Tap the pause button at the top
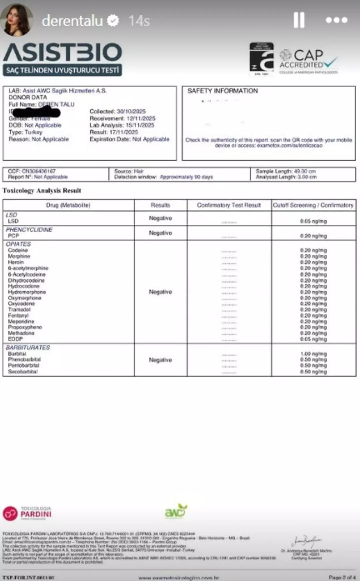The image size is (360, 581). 299,20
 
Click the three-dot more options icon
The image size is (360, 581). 336,20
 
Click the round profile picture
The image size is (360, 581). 17,20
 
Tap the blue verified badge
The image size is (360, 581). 113,21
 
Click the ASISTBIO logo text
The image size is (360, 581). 63,52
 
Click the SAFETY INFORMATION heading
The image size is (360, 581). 222,91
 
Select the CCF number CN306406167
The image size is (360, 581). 39,171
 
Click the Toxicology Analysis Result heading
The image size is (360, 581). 42,191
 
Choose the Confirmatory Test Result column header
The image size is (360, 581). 229,205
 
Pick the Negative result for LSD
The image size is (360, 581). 160,218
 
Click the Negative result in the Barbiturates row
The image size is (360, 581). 160,360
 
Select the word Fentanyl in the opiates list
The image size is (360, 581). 18,315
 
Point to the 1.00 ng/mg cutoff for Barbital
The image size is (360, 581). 313,354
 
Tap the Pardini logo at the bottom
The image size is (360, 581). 27,513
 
